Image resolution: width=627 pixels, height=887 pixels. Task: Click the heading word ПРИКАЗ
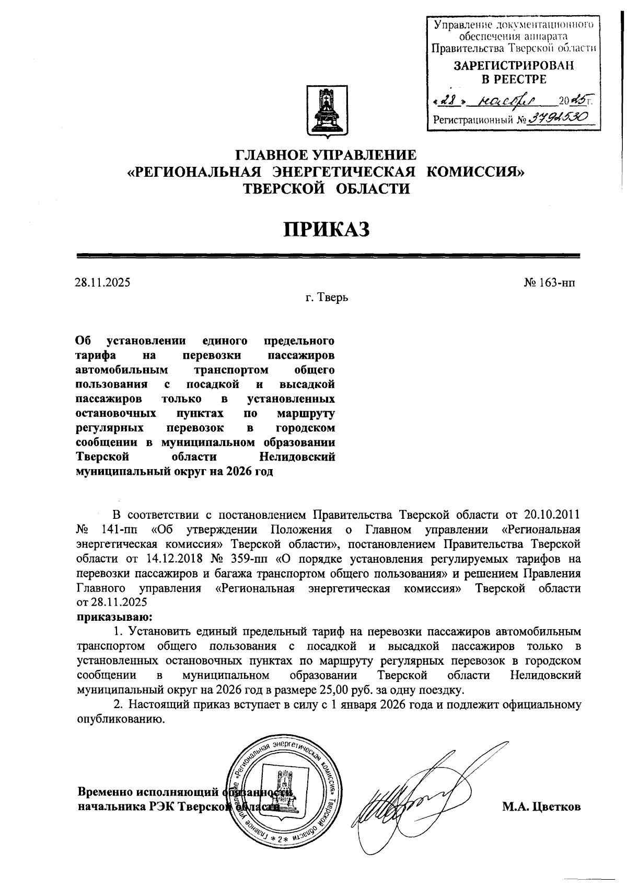pyautogui.click(x=327, y=229)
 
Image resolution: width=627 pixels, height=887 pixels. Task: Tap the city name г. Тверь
pyautogui.click(x=327, y=298)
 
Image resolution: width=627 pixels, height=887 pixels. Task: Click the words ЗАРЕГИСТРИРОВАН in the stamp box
pyautogui.click(x=513, y=66)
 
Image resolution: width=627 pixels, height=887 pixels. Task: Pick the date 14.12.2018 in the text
pyautogui.click(x=170, y=559)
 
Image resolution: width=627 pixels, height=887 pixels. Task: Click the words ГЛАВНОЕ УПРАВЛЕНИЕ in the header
pyautogui.click(x=327, y=155)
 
